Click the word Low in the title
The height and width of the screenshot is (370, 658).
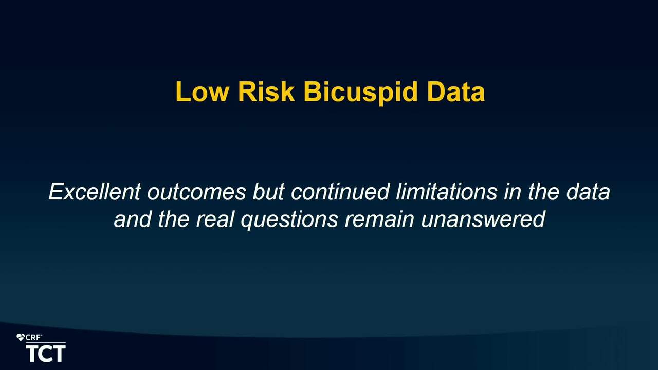click(x=202, y=91)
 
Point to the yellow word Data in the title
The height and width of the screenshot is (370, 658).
click(x=456, y=91)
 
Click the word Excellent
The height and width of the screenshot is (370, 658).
click(x=95, y=192)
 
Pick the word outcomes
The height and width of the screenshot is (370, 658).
click(x=196, y=192)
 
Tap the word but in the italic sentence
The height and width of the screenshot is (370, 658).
click(x=268, y=192)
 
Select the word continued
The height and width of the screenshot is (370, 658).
click(x=340, y=192)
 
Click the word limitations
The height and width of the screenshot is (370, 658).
click(x=447, y=192)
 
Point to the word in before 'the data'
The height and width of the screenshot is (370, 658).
click(x=513, y=192)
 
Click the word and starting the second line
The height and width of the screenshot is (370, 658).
click(x=133, y=219)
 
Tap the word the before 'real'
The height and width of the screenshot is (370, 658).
click(x=174, y=219)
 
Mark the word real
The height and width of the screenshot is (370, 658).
click(x=215, y=219)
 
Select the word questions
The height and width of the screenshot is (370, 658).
click(x=289, y=220)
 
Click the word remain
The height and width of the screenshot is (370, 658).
click(x=379, y=219)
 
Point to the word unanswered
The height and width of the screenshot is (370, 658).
click(x=483, y=219)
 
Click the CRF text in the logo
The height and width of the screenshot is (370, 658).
click(x=33, y=338)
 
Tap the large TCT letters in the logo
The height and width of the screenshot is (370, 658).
click(x=46, y=354)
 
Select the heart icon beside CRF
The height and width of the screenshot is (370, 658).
click(x=21, y=338)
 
